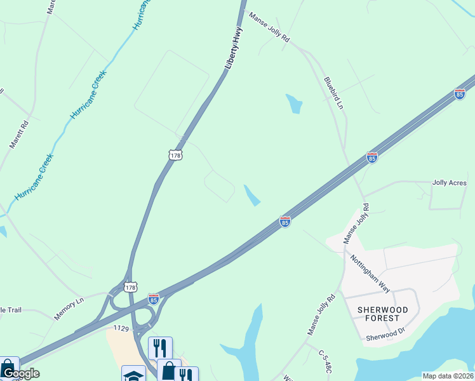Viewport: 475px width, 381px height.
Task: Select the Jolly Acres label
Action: click(449, 183)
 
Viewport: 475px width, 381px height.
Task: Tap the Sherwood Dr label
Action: click(385, 334)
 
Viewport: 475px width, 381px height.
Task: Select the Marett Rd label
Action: click(19, 134)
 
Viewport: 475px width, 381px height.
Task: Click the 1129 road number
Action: click(121, 328)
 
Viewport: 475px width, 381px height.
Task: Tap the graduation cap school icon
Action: click(133, 375)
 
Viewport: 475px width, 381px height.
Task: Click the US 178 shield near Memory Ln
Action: click(130, 286)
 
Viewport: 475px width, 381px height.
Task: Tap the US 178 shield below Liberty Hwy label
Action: click(175, 154)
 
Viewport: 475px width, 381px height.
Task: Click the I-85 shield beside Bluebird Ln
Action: click(372, 157)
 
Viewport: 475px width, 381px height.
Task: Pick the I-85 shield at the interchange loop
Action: click(154, 298)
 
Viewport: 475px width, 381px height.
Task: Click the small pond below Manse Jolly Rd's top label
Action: click(294, 104)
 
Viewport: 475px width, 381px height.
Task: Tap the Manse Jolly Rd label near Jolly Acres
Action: click(356, 224)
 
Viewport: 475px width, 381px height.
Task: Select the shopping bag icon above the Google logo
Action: click(8, 366)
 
